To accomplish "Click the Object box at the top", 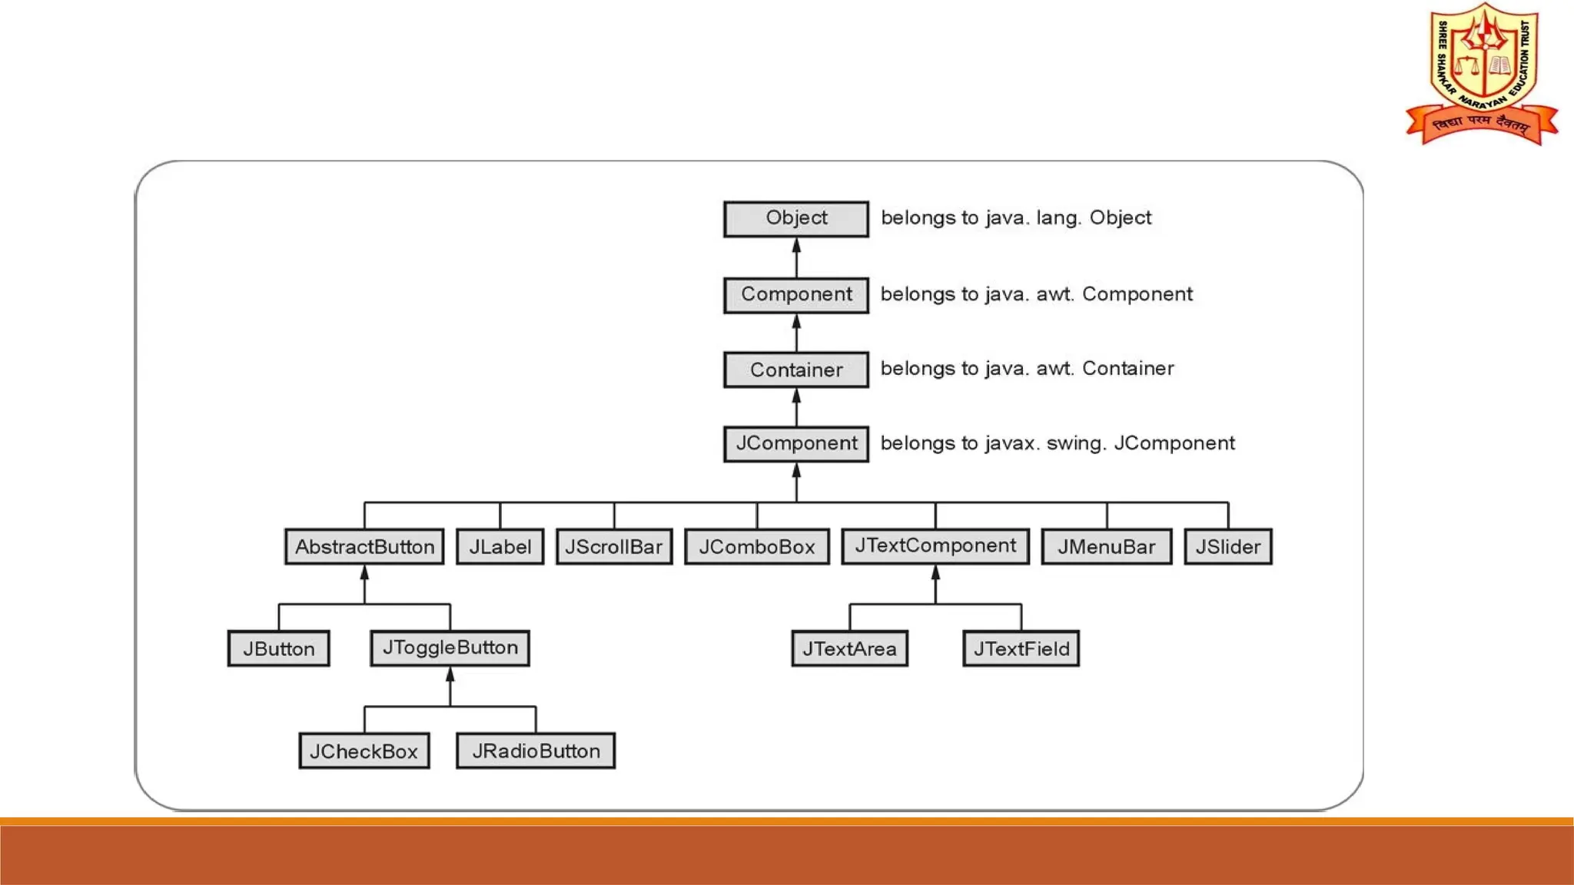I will click(796, 219).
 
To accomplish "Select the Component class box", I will click(796, 295).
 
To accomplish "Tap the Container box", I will click(796, 370).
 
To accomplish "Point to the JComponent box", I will click(796, 443).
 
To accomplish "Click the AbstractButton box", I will click(364, 547).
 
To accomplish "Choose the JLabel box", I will click(500, 547).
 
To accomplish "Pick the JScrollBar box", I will click(613, 547).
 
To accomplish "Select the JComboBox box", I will click(756, 547).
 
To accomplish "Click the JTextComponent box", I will click(935, 546).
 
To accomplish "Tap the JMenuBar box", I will click(1106, 547).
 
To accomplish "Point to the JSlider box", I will click(1227, 547).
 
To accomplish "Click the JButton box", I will click(278, 648).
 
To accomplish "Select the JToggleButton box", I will click(450, 648).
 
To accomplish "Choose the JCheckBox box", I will click(364, 751).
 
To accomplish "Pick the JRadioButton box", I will click(536, 751).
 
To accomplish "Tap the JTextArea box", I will click(849, 648).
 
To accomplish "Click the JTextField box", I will click(1021, 648).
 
